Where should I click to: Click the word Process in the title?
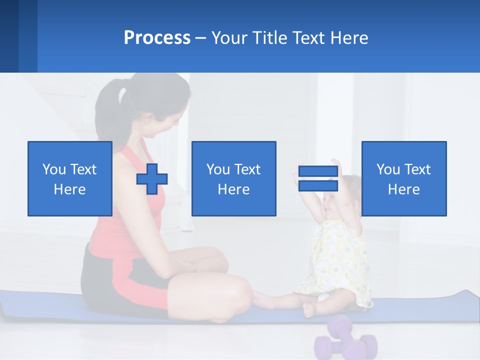(157, 38)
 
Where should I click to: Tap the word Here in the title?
(347, 38)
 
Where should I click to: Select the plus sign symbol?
(152, 179)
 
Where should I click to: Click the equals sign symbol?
(318, 178)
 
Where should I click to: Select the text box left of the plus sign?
(70, 178)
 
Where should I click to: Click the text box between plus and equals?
(233, 178)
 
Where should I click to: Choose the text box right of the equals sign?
(404, 178)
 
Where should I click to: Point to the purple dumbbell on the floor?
(345, 340)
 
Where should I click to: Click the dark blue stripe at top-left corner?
(9, 36)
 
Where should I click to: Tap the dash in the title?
(201, 38)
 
